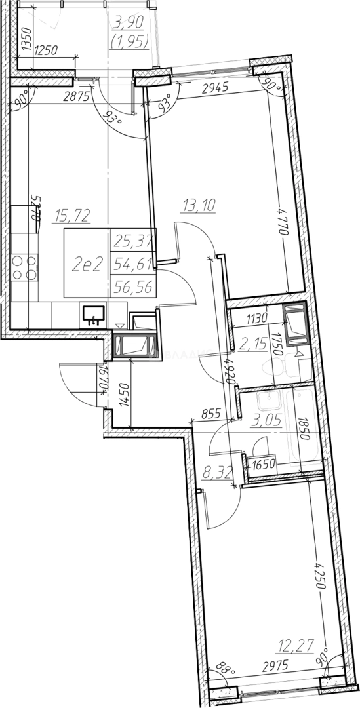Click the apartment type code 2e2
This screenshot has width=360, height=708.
point(87,264)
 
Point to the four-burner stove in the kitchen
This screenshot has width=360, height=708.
point(24,265)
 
